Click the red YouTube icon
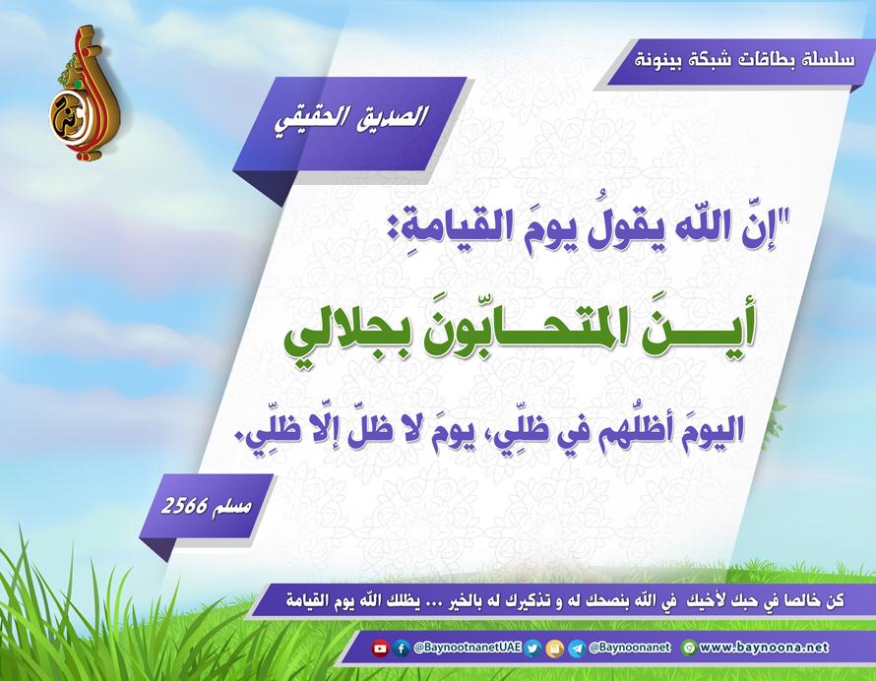(380, 649)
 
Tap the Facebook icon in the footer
(401, 649)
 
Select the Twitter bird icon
(532, 649)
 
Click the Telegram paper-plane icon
(577, 649)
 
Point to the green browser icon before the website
(689, 649)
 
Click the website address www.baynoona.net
(764, 648)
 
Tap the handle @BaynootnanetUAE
(468, 648)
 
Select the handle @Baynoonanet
(629, 648)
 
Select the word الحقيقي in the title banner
(311, 121)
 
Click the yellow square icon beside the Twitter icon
(554, 649)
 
